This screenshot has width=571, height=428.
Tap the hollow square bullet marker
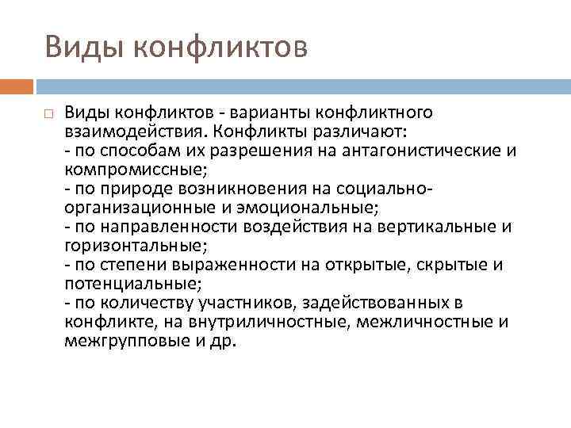click(x=48, y=114)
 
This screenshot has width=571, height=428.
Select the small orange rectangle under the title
click(x=16, y=86)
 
